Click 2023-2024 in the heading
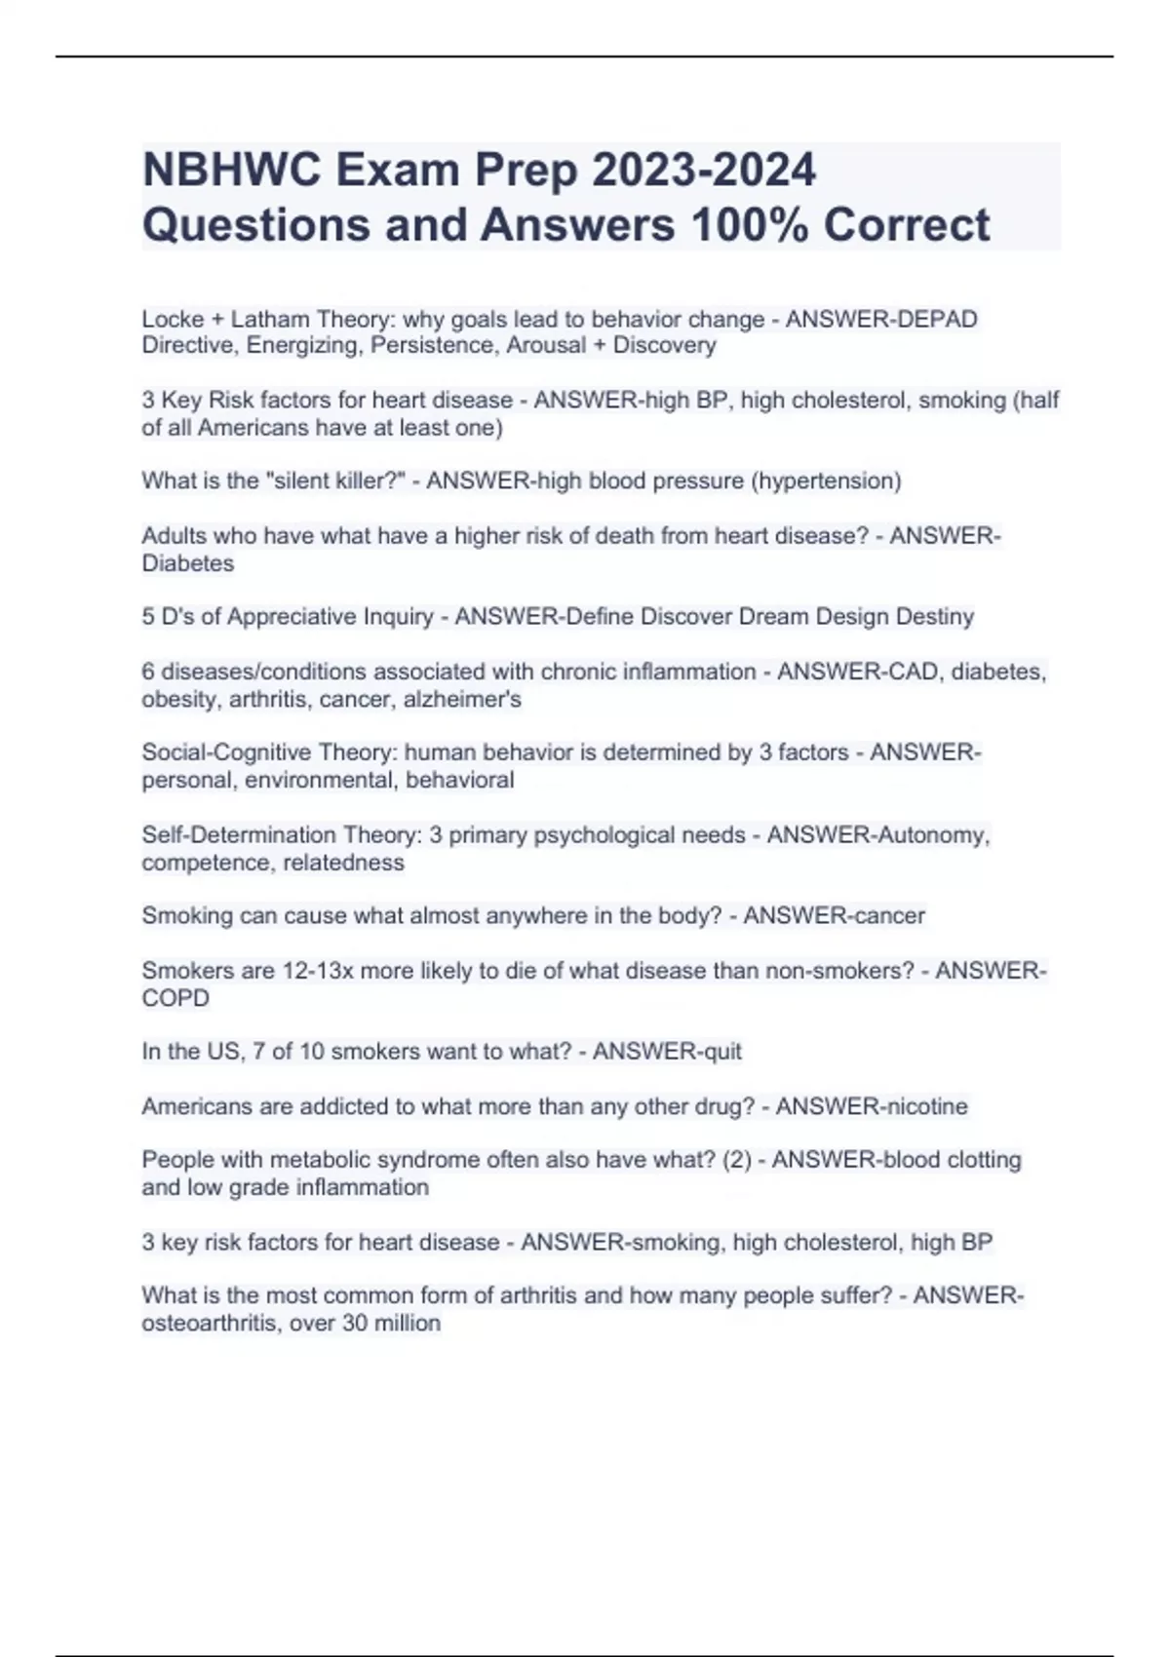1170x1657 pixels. coord(703,170)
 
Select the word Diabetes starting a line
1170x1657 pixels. coord(188,563)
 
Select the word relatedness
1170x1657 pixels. coord(342,863)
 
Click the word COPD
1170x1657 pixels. coord(175,998)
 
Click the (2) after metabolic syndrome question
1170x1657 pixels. coord(737,1160)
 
